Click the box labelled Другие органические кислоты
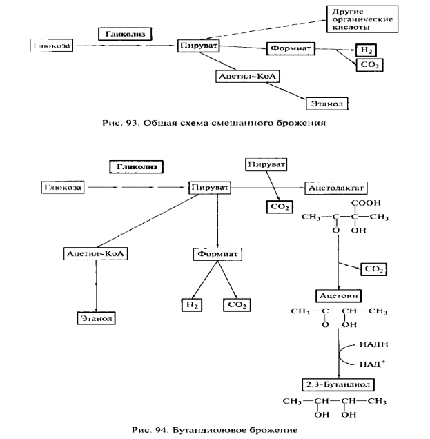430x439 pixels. click(362, 19)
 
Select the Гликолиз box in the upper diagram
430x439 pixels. click(125, 33)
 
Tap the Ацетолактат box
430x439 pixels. click(337, 187)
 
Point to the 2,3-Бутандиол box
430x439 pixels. click(338, 384)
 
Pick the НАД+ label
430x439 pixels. click(371, 363)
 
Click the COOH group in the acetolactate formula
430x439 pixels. click(366, 203)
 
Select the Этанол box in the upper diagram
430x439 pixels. click(326, 104)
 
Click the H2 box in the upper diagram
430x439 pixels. click(365, 49)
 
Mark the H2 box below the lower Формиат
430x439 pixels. click(190, 304)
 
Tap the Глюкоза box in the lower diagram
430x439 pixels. click(63, 187)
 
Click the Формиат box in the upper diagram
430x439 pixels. click(290, 49)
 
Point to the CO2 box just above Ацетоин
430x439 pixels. click(373, 269)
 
